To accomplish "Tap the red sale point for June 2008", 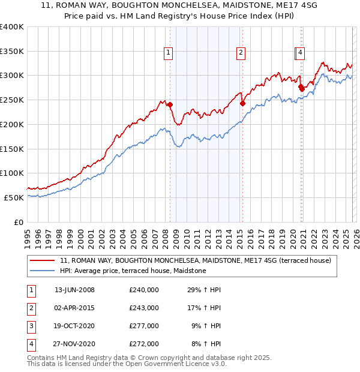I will click(x=170, y=104).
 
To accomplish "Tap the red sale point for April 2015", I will click(x=242, y=103).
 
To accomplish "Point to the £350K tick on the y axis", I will click(x=12, y=51).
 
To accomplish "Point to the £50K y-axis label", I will click(x=14, y=197).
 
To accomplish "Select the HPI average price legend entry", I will click(x=133, y=271).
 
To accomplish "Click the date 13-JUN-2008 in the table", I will click(x=74, y=290).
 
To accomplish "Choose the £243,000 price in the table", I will click(x=144, y=308).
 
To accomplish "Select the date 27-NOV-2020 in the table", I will click(x=74, y=344).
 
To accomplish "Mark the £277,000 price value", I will click(x=144, y=326).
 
